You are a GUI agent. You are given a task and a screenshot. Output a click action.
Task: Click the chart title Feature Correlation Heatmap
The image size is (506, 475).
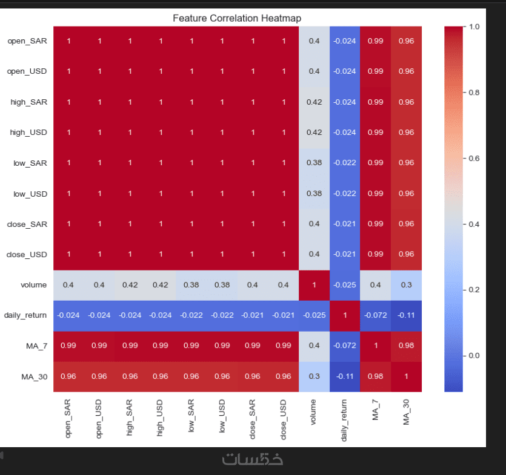click(237, 18)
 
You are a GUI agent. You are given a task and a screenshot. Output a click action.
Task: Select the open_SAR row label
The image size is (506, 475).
click(27, 41)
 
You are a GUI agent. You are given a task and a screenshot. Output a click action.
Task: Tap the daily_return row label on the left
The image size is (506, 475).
click(25, 315)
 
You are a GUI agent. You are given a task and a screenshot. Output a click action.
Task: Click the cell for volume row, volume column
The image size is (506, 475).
click(314, 285)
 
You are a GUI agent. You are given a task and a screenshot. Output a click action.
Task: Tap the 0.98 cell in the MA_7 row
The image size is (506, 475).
click(406, 346)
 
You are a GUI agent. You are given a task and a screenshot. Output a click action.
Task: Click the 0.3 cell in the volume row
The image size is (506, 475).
click(406, 285)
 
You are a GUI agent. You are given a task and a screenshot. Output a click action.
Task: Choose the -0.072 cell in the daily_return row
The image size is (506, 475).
click(375, 315)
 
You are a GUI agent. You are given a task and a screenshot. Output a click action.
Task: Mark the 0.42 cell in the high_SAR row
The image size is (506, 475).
click(314, 102)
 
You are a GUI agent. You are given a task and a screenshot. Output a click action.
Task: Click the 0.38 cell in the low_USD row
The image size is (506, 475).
click(314, 194)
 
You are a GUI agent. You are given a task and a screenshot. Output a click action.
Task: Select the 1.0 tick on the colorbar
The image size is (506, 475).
click(474, 27)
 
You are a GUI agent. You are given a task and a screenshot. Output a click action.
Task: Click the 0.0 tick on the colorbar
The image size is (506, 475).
click(474, 355)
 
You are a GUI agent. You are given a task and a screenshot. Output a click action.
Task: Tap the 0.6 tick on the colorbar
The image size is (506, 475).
click(474, 158)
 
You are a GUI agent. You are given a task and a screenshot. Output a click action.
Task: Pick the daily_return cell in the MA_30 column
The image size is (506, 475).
click(406, 315)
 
